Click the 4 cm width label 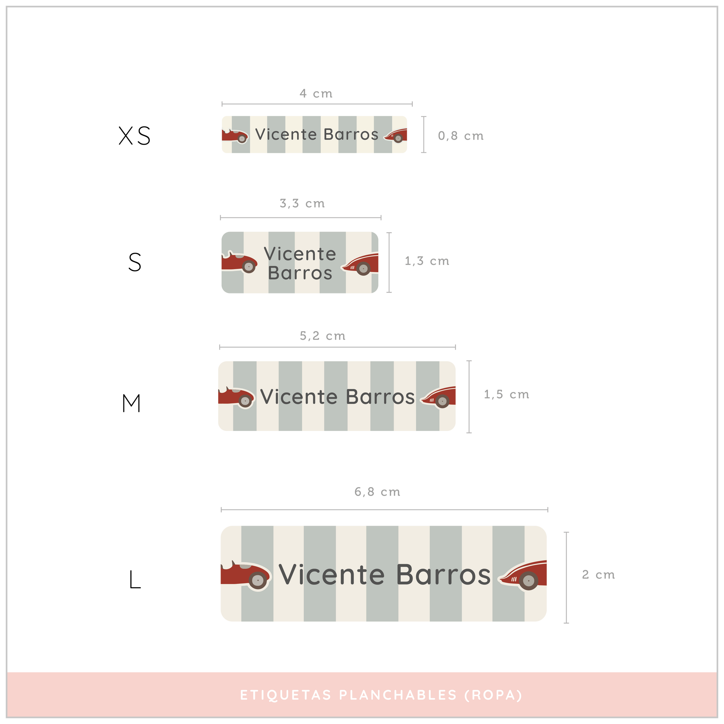316,93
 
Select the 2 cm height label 598,574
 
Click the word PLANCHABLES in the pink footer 398,695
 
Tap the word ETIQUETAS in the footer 286,695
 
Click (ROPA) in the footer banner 493,695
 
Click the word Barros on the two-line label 300,273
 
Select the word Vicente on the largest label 332,574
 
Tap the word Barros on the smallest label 351,135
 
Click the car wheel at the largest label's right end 529,581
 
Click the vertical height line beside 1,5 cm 469,397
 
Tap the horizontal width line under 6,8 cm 384,510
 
